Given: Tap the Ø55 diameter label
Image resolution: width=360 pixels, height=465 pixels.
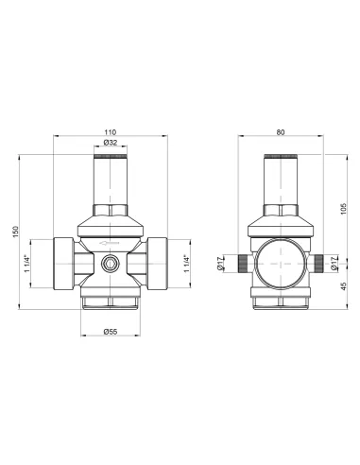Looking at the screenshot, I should [x=111, y=332].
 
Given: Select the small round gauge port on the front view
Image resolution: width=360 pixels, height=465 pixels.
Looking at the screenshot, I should [x=111, y=264].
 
